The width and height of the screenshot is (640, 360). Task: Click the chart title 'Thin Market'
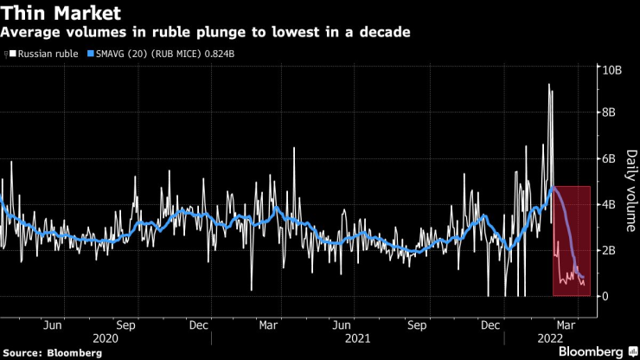click(x=60, y=13)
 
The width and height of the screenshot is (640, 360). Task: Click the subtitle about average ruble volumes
click(x=206, y=33)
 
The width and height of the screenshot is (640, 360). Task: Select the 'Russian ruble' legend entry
click(x=46, y=54)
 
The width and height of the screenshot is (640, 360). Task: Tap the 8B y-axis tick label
click(x=609, y=112)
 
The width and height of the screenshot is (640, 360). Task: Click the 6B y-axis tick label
click(x=609, y=158)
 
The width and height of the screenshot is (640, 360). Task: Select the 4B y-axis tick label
click(x=609, y=204)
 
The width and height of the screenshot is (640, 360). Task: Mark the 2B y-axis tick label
click(x=609, y=250)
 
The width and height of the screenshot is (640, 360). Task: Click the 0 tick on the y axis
click(x=605, y=296)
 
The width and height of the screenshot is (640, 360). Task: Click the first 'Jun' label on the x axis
click(x=52, y=325)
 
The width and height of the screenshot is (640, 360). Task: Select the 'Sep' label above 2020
click(x=126, y=325)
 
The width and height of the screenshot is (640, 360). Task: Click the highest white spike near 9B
click(x=548, y=85)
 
